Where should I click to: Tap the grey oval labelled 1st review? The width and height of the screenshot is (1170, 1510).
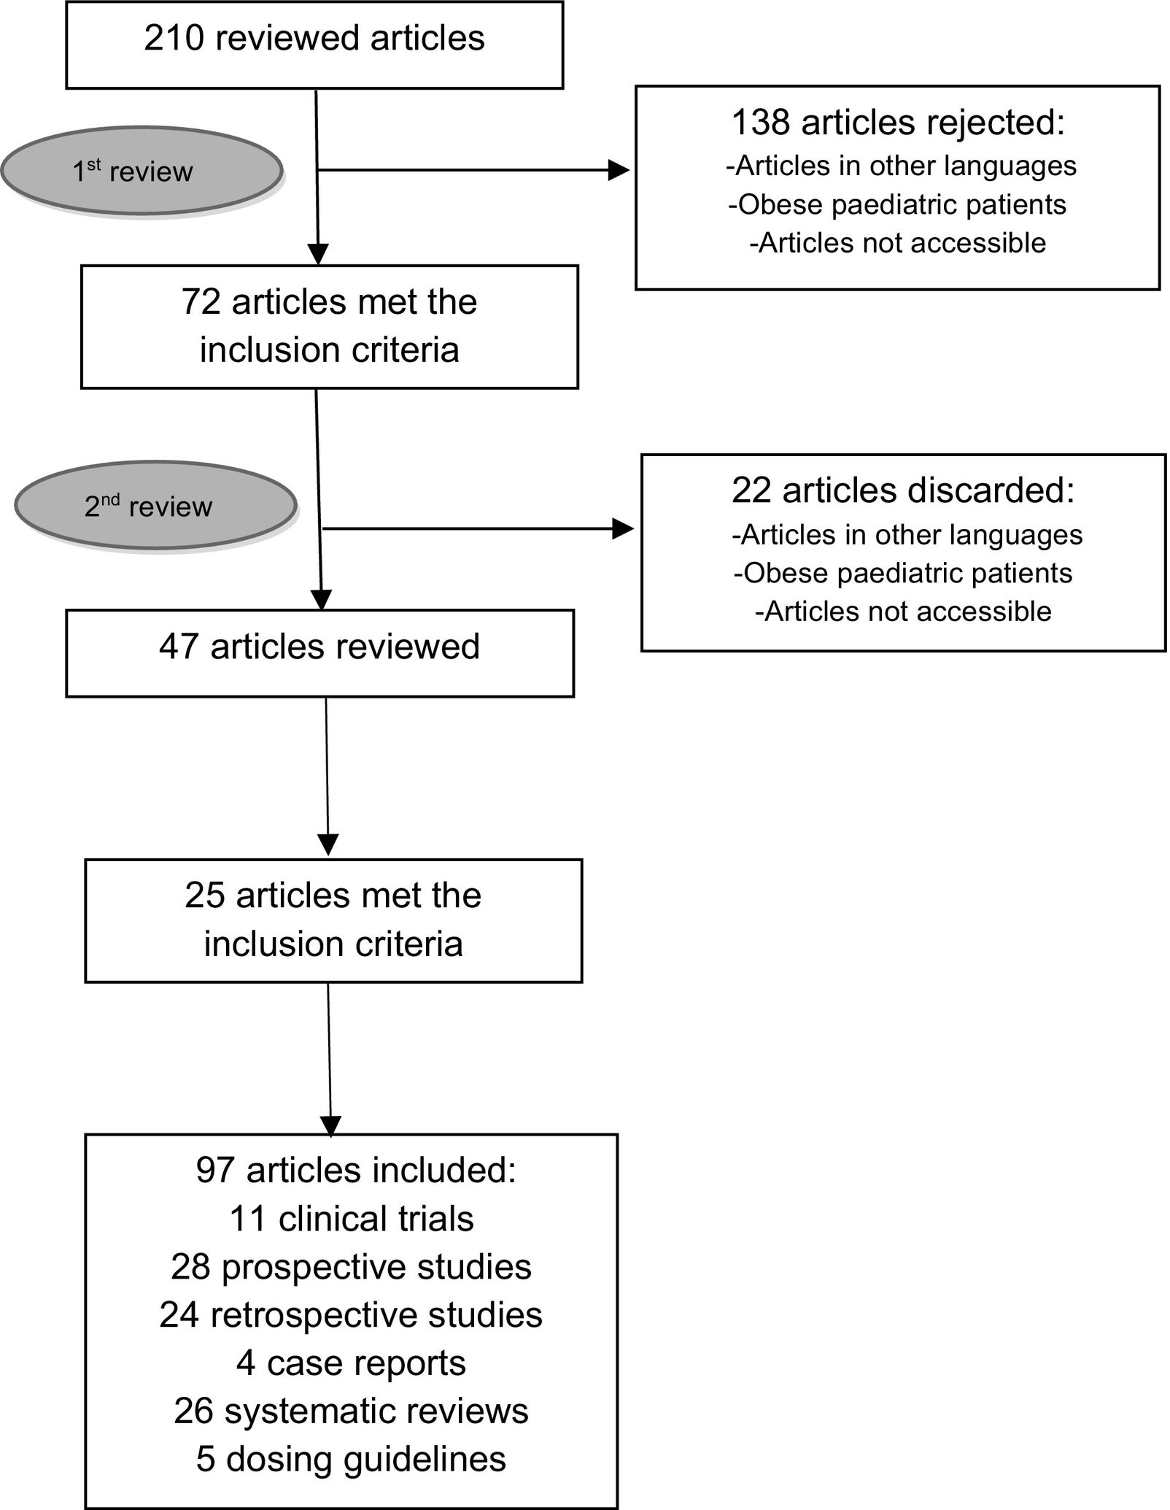pos(141,172)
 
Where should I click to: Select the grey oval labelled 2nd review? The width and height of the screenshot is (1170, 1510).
pos(155,506)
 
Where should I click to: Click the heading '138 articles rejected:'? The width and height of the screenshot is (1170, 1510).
pos(898,122)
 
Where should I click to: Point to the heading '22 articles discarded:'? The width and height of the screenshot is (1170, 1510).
pos(903,490)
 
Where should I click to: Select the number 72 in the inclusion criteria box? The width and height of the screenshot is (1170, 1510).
pos(201,302)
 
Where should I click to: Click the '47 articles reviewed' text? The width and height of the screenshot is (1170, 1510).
pos(319,647)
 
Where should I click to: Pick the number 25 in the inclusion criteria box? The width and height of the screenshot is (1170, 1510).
pos(204,895)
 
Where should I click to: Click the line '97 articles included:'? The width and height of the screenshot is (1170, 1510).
pos(356,1171)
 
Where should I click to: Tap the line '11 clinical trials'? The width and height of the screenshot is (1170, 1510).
pos(352,1219)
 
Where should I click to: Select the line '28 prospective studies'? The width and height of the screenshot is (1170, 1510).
pos(352,1267)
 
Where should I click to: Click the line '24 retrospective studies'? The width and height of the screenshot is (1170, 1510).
pos(352,1315)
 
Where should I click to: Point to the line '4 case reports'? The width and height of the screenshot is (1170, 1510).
pos(352,1363)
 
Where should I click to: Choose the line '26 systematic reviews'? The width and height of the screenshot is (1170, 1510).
pos(352,1411)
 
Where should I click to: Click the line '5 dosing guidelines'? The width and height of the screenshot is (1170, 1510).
pos(352,1460)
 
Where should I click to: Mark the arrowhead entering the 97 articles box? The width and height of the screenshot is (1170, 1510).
pos(330,1126)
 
